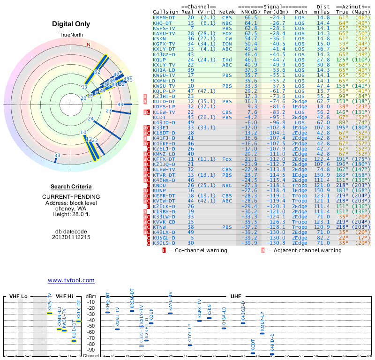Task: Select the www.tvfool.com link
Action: pyautogui.click(x=71, y=280)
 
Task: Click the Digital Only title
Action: pyautogui.click(x=71, y=24)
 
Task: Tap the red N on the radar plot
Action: pyautogui.click(x=88, y=45)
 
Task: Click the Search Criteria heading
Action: pyautogui.click(x=71, y=187)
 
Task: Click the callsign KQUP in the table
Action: pyautogui.click(x=159, y=60)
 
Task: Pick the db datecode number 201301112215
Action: pyautogui.click(x=71, y=237)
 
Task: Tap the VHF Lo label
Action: pyautogui.click(x=18, y=297)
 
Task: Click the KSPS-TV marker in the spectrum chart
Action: pyautogui.click(x=50, y=313)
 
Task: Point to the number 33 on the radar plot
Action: pyautogui.click(x=57, y=156)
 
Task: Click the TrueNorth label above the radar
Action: pyautogui.click(x=71, y=35)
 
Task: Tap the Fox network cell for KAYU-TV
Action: pyautogui.click(x=227, y=33)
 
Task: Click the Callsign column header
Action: pyautogui.click(x=166, y=12)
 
